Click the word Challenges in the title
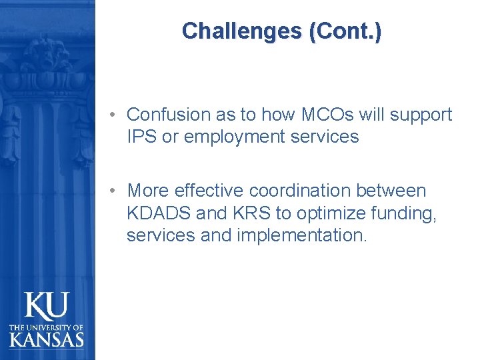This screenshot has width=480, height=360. coord(241,31)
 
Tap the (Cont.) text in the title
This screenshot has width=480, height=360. coord(345,31)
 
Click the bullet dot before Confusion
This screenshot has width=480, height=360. coord(115,115)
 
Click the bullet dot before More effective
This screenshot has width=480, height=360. coord(115,191)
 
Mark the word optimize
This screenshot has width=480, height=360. coord(317,214)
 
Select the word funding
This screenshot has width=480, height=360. coord(401,214)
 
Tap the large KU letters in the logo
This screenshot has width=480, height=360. coord(47,307)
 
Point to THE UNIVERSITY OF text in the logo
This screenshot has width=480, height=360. coord(47,327)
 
